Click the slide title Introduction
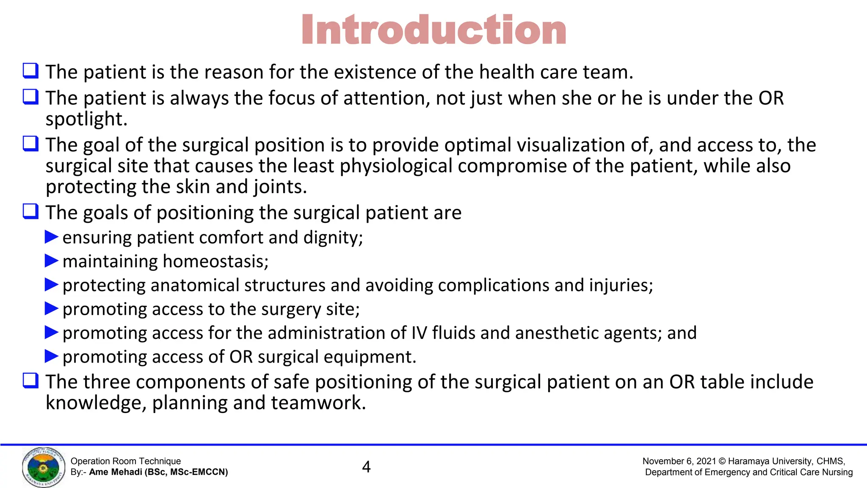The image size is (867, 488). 433,30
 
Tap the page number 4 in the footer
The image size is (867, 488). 367,467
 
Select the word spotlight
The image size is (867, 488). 86,119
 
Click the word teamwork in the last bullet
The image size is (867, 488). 318,403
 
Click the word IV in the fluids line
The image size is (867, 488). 419,333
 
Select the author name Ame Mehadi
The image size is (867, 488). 115,472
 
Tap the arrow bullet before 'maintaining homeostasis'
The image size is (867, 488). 51,261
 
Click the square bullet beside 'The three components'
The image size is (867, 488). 30,380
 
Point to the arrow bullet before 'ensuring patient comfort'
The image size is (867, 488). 51,237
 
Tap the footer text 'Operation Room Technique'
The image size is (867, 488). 126,461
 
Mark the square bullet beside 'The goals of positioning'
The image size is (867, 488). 30,211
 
